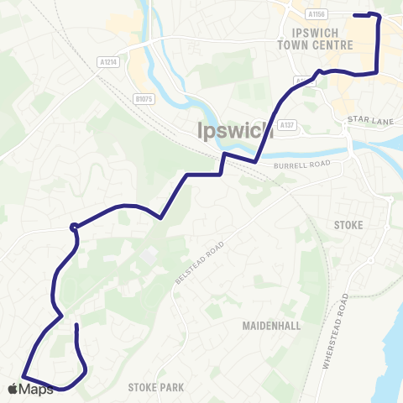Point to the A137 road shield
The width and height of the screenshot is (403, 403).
coord(289,125)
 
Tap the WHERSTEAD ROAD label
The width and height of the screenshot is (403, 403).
coord(333,332)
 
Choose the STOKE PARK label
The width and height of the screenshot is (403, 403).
coord(155,388)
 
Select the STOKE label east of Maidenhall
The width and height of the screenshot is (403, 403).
coord(348,225)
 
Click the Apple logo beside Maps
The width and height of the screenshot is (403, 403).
coord(13,389)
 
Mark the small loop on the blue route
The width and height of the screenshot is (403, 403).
coord(75,225)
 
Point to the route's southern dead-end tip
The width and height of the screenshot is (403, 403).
coord(76,325)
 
